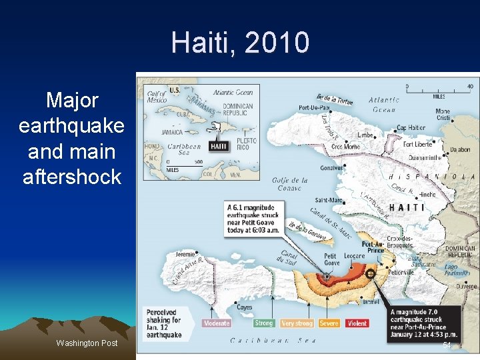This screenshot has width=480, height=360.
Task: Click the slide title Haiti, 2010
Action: [240, 43]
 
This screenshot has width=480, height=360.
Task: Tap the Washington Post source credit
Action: [87, 343]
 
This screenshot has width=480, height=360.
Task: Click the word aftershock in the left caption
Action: [72, 177]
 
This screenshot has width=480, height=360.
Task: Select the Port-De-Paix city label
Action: [315, 108]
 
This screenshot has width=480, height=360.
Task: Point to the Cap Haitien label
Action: [411, 128]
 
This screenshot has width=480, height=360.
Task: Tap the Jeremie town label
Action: [185, 254]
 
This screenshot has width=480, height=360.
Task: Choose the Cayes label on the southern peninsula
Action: [244, 307]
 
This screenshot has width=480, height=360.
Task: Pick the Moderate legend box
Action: [217, 323]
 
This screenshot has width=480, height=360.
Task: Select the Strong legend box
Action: [264, 323]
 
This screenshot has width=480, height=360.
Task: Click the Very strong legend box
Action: [297, 323]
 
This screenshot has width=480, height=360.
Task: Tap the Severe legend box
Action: [329, 323]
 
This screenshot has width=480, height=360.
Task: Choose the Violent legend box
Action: [357, 323]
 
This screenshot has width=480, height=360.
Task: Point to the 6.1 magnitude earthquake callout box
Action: [261, 217]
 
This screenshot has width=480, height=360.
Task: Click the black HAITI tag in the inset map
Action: [219, 146]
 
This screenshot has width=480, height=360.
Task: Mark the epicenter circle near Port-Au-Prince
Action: [371, 273]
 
